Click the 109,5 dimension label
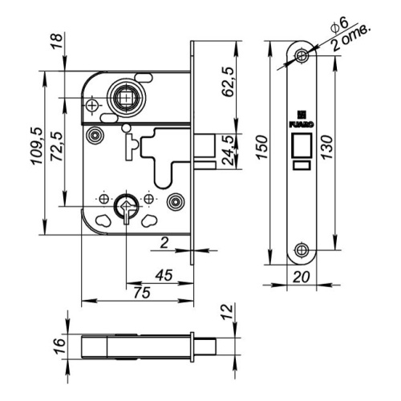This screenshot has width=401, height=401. tap(37, 146)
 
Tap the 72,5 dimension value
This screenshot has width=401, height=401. tap(57, 146)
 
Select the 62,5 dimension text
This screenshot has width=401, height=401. tap(228, 82)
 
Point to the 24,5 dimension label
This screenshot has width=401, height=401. tap(228, 150)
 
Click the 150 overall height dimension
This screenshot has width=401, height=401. tap(262, 148)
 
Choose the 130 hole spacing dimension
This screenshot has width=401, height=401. tap(327, 148)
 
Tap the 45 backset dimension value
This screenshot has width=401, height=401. tap(164, 275)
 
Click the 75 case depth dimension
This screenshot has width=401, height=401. tap(142, 293)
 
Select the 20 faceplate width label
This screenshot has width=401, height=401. tap(302, 277)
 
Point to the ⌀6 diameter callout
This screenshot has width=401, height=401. tap(339, 25)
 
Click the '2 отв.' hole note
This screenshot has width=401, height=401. tap(351, 38)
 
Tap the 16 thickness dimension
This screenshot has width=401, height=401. tap(59, 346)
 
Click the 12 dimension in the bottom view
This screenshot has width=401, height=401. tap(228, 312)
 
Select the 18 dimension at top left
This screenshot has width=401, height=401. tap(57, 40)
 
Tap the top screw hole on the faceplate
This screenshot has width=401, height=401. tap(302, 56)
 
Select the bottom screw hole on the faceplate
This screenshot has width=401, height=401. tap(302, 250)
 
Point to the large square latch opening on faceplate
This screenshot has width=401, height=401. tap(302, 145)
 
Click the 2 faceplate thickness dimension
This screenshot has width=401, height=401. tap(164, 243)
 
